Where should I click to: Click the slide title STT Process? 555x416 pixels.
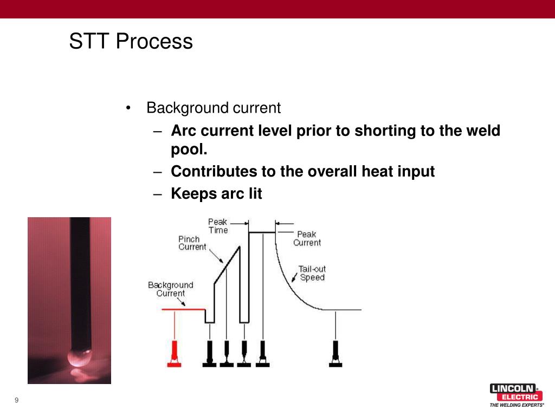(131, 42)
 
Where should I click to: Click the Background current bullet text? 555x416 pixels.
(214, 108)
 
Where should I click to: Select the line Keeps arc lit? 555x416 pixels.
(216, 193)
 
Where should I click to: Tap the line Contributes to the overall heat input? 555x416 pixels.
(302, 172)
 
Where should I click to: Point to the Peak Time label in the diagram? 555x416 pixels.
(218, 226)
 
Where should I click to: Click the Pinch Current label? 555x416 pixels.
(192, 243)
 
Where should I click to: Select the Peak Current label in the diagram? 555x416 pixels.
(307, 238)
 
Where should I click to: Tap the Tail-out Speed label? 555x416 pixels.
(312, 273)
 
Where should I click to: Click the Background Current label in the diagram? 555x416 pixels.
(170, 289)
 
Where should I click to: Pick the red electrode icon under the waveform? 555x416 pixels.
(174, 354)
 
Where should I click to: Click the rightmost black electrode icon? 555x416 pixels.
(335, 354)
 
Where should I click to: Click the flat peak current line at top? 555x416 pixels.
(262, 232)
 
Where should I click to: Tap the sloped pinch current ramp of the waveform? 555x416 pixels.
(228, 265)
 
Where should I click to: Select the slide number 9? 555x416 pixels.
(17, 400)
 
